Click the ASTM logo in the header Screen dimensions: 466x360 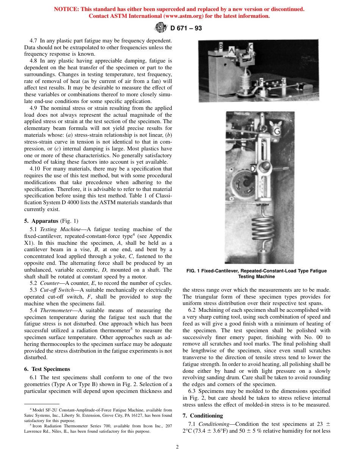pyautogui.click(x=161, y=27)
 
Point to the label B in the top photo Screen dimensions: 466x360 pyautogui.click(x=221, y=46)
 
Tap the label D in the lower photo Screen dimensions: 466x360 pyautogui.click(x=253, y=169)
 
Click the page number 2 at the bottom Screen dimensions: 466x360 pyautogui.click(x=177, y=447)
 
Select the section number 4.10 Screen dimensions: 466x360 pyautogui.click(x=36, y=169)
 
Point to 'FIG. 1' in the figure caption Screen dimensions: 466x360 pyautogui.click(x=194, y=271)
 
